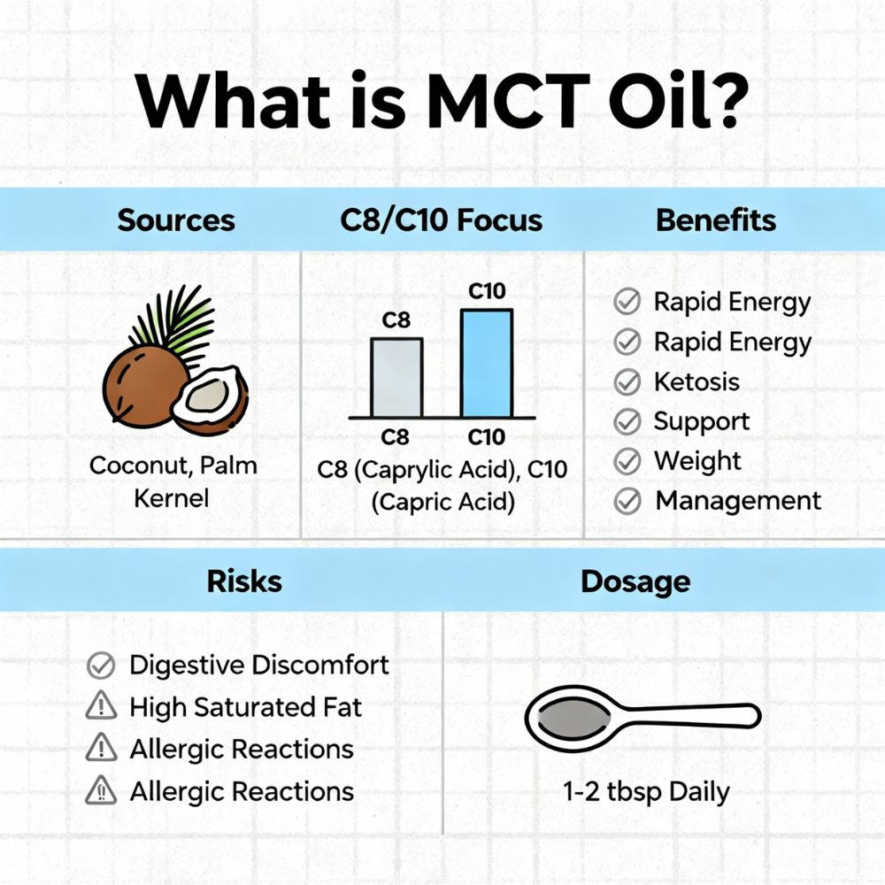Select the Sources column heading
(176, 220)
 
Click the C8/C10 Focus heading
(441, 220)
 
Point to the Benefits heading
(716, 220)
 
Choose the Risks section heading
(244, 581)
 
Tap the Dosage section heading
(635, 582)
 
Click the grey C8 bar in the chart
(396, 378)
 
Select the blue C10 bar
(487, 363)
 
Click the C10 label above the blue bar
(487, 291)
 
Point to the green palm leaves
(175, 322)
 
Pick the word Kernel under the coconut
(172, 497)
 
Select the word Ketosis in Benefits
(696, 381)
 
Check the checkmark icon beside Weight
(627, 461)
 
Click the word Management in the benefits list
(738, 501)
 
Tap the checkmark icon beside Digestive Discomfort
(101, 665)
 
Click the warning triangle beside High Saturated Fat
(102, 705)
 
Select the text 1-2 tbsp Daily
(646, 791)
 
